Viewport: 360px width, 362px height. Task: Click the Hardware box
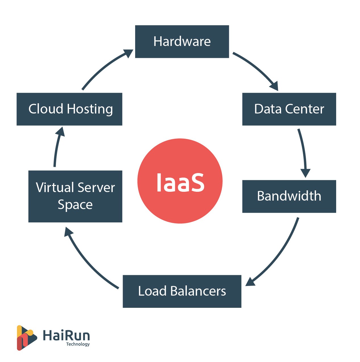[182, 42]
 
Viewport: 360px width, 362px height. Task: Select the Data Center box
[289, 109]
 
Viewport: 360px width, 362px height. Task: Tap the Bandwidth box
[289, 196]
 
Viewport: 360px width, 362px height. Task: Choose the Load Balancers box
[182, 291]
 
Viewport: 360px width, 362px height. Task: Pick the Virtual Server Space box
[75, 196]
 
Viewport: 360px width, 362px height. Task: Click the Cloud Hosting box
[69, 109]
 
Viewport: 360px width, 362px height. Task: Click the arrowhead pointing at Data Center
[274, 86]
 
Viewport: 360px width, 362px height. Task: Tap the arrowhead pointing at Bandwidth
[305, 173]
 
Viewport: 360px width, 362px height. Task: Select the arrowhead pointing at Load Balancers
[250, 282]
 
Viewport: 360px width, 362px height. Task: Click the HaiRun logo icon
[26, 338]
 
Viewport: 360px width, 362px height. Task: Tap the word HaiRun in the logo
[66, 335]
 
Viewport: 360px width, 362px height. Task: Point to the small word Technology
[78, 344]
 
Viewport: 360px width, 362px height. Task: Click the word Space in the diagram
[75, 205]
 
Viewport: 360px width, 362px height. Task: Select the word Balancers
[198, 291]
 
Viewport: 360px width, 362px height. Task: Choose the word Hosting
[90, 109]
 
